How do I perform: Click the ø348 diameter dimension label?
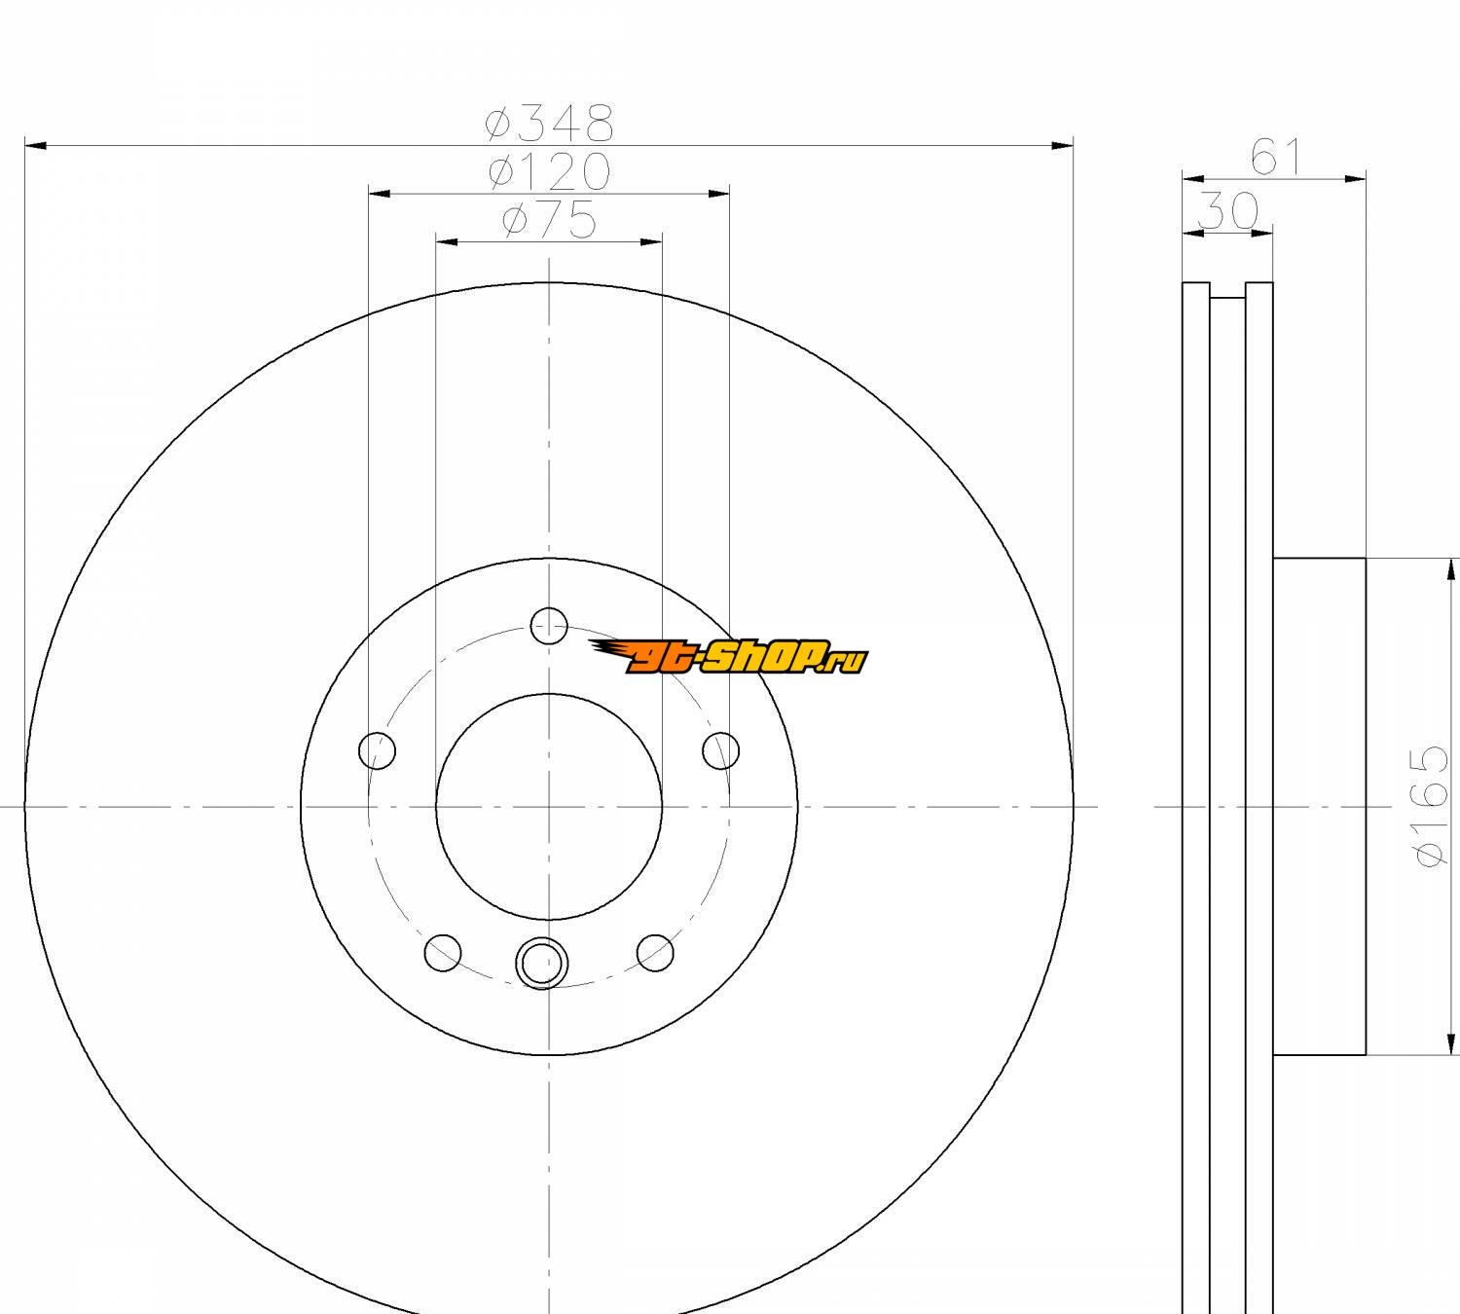(550, 123)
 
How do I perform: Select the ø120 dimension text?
(550, 171)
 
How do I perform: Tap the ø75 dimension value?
(550, 220)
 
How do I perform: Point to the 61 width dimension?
(1274, 158)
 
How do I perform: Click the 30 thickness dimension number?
(1227, 211)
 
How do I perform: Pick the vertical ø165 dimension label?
(1429, 806)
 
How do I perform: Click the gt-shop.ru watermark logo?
(728, 656)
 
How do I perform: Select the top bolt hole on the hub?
(549, 625)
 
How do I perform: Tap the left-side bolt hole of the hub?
(378, 750)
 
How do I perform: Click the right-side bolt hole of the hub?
(720, 750)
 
